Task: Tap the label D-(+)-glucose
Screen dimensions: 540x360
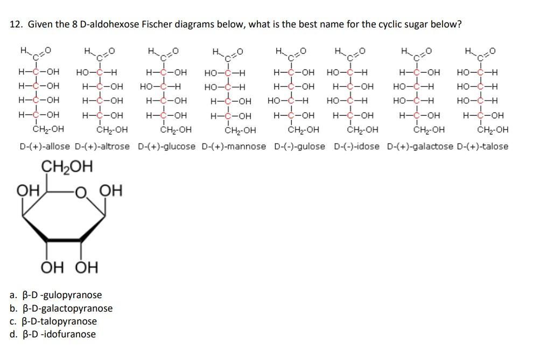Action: pyautogui.click(x=167, y=146)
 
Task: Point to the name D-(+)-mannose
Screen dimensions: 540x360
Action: pyautogui.click(x=234, y=146)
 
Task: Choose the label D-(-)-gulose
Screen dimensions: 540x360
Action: pyautogui.click(x=300, y=146)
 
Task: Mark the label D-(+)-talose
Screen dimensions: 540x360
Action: pyautogui.click(x=482, y=146)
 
